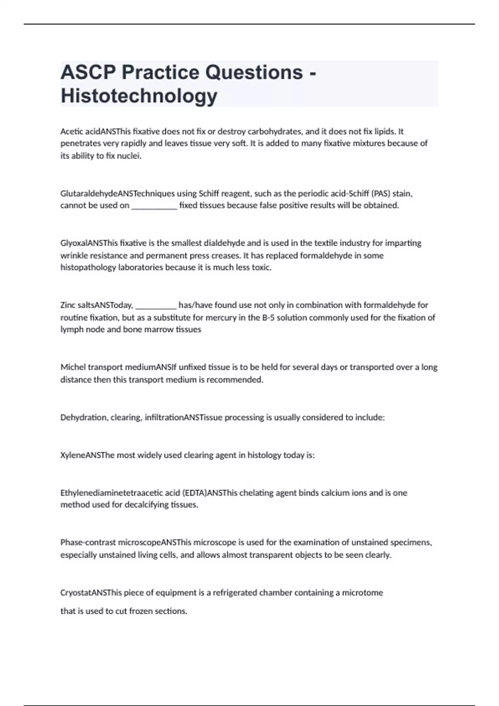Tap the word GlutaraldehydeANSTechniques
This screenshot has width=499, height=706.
click(x=118, y=194)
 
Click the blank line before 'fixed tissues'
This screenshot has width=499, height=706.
click(x=154, y=206)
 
